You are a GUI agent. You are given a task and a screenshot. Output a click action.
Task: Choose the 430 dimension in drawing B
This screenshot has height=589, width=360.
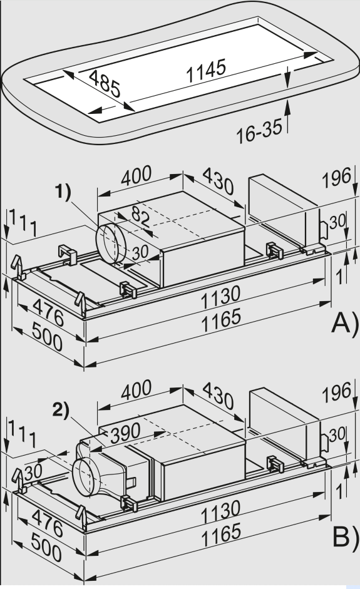216,396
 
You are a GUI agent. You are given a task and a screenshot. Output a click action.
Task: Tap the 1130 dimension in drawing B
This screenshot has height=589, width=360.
220,508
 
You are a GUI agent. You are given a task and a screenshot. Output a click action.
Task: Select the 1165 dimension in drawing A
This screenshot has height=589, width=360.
222,319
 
